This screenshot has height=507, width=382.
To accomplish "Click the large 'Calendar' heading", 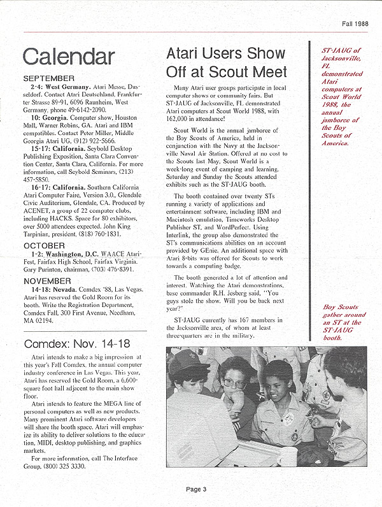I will [69, 56].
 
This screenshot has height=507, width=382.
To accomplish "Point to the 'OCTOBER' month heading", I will [44, 245].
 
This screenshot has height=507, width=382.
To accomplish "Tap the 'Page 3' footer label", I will [197, 489].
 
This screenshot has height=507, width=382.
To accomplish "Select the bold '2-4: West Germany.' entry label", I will [60, 85].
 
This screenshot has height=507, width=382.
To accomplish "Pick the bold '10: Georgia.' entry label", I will [51, 118].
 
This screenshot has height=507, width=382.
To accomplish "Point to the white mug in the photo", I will [287, 455].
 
